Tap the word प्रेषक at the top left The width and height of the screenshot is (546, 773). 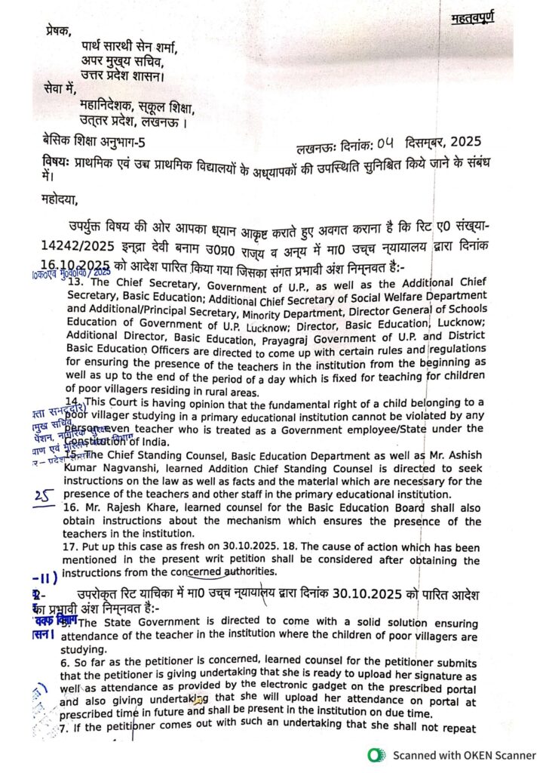coord(58,32)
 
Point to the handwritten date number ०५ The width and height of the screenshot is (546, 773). coord(386,140)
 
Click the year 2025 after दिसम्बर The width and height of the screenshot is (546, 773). coord(462,141)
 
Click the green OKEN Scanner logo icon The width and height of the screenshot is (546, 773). coord(375,755)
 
